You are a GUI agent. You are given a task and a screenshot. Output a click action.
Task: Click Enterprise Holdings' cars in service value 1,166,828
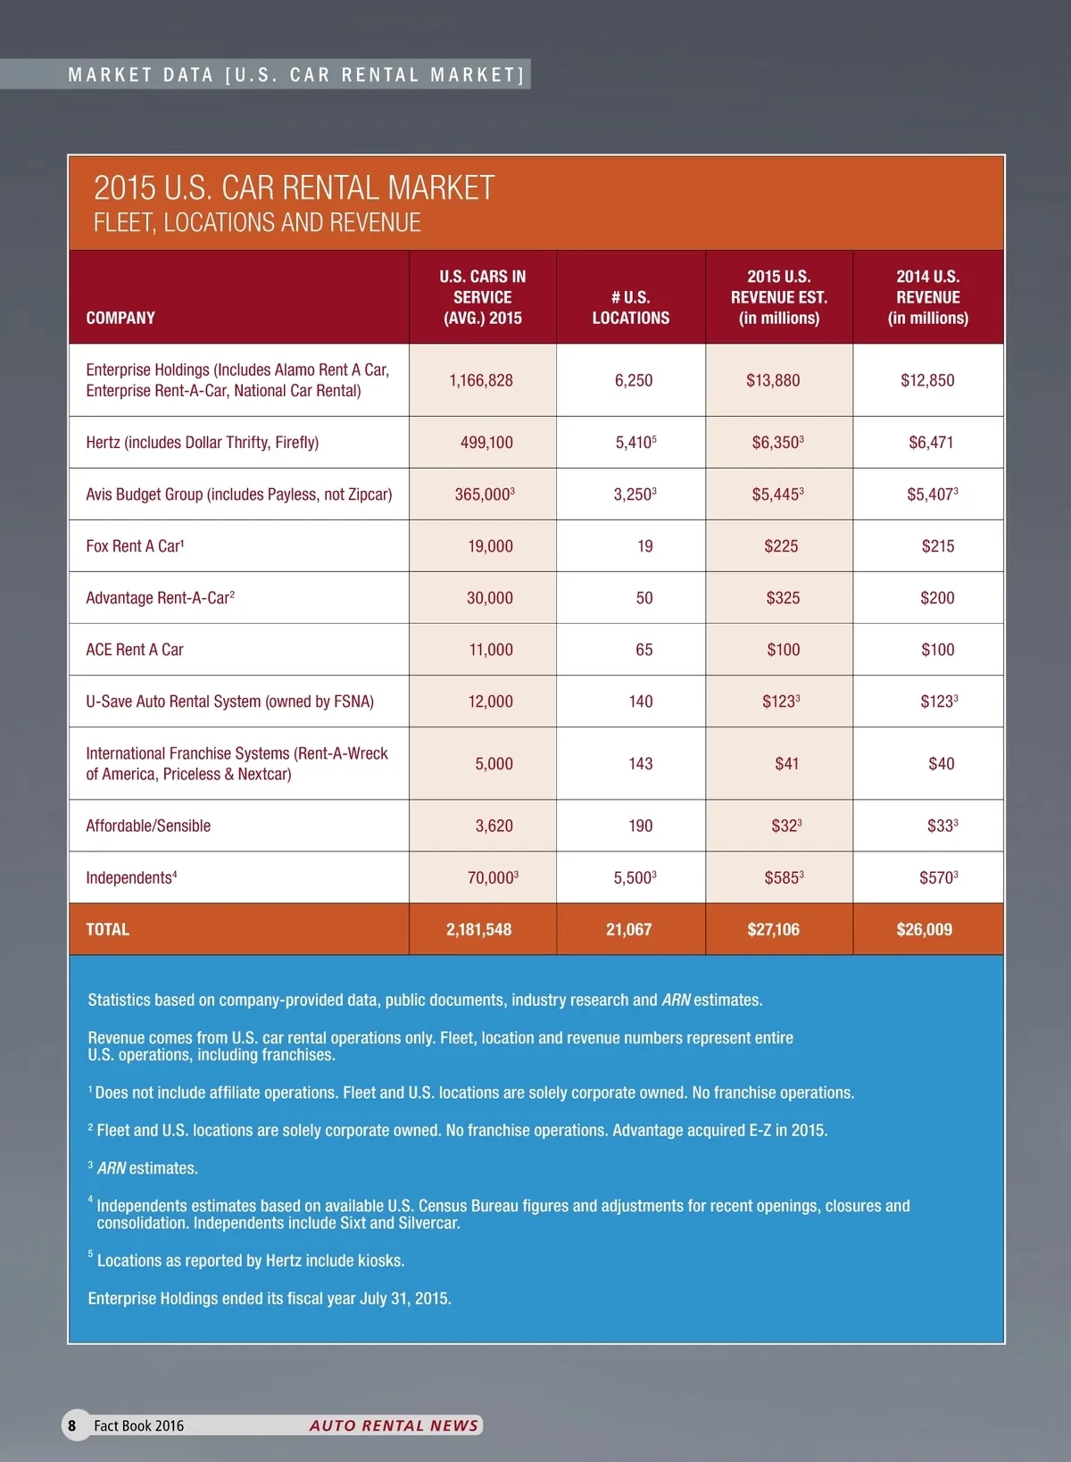pyautogui.click(x=481, y=380)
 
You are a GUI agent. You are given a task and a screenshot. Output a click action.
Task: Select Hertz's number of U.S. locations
pyautogui.click(x=635, y=442)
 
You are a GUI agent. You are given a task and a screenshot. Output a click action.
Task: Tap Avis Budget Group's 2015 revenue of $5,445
pyautogui.click(x=776, y=494)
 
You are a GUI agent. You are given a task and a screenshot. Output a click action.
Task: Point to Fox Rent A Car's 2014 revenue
pyautogui.click(x=937, y=546)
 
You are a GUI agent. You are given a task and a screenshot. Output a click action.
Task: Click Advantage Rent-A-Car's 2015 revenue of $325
pyautogui.click(x=783, y=598)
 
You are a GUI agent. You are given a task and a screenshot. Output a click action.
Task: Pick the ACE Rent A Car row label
pyautogui.click(x=135, y=650)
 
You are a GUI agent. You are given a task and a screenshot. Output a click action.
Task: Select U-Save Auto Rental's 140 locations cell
pyautogui.click(x=640, y=702)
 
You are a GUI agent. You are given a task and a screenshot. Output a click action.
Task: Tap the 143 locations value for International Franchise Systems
pyautogui.click(x=640, y=764)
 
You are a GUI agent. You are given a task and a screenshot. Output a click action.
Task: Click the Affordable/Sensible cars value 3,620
pyautogui.click(x=494, y=826)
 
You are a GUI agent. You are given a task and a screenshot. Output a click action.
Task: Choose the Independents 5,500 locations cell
pyautogui.click(x=634, y=877)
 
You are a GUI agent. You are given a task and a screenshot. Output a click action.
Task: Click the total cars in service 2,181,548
pyautogui.click(x=478, y=929)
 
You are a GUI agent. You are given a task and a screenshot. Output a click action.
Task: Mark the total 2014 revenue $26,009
pyautogui.click(x=924, y=929)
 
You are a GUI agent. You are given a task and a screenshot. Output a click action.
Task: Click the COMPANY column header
pyautogui.click(x=120, y=318)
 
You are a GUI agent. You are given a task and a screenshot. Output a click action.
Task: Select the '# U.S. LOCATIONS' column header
pyautogui.click(x=630, y=307)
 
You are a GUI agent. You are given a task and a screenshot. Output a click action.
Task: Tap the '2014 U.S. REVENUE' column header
pyautogui.click(x=927, y=297)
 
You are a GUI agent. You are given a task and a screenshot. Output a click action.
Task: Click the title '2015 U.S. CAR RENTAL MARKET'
pyautogui.click(x=294, y=188)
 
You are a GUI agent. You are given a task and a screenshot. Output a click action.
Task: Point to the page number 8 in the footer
pyautogui.click(x=72, y=1425)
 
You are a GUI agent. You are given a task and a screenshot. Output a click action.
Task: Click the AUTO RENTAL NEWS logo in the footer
pyautogui.click(x=394, y=1425)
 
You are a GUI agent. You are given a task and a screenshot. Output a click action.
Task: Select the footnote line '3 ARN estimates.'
pyautogui.click(x=144, y=1168)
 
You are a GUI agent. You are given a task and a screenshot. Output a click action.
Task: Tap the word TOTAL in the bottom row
pyautogui.click(x=108, y=929)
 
